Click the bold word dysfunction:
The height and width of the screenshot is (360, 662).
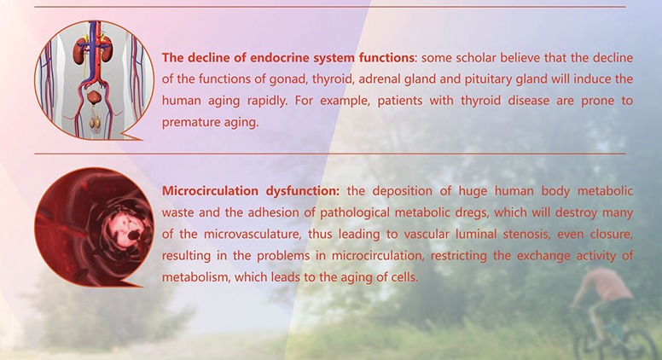coord(302,191)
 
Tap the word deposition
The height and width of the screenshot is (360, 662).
coord(403,191)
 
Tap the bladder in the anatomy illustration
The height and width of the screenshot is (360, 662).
coord(95,97)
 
